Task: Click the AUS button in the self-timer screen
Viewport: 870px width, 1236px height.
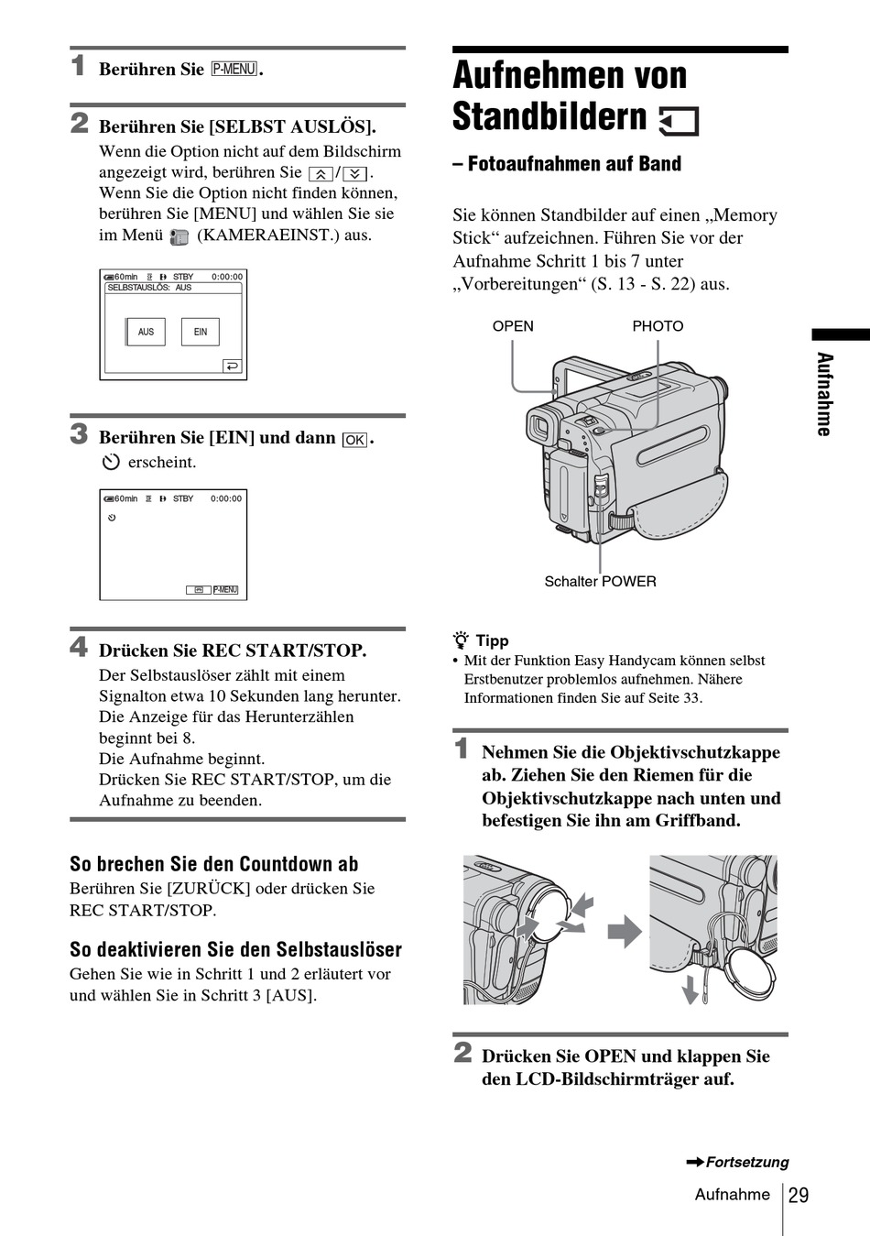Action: click(146, 332)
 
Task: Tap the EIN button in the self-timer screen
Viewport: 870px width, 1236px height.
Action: click(201, 332)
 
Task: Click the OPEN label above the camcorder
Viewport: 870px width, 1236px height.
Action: click(513, 326)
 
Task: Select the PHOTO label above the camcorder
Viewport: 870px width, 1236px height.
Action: click(658, 326)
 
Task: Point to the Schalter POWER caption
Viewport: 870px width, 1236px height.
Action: click(600, 581)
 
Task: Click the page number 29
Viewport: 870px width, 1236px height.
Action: click(799, 1195)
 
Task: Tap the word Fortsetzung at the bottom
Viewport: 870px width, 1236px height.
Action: click(746, 1162)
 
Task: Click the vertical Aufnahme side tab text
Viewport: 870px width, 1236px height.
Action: click(824, 394)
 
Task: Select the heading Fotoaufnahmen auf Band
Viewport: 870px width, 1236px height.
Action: click(567, 164)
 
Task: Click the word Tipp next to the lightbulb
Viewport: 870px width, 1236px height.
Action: click(492, 640)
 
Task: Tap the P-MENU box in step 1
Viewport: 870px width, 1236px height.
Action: click(234, 69)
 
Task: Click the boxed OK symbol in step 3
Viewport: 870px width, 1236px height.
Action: click(354, 440)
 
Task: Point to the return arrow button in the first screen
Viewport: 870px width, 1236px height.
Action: click(232, 366)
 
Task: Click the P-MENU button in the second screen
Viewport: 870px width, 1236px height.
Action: click(225, 590)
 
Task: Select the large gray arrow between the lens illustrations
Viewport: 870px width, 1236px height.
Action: click(625, 932)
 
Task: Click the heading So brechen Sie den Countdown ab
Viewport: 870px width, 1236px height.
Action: click(214, 864)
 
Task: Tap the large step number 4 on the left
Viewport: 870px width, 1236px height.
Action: click(80, 647)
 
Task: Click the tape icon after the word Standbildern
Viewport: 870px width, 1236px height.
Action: click(679, 121)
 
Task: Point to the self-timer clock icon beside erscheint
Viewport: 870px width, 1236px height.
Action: click(111, 462)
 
